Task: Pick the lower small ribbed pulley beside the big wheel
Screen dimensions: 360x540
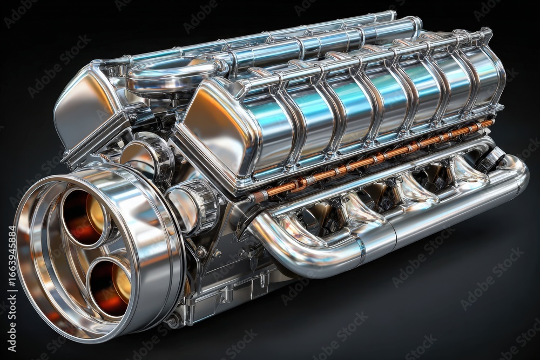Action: point(194,208)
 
